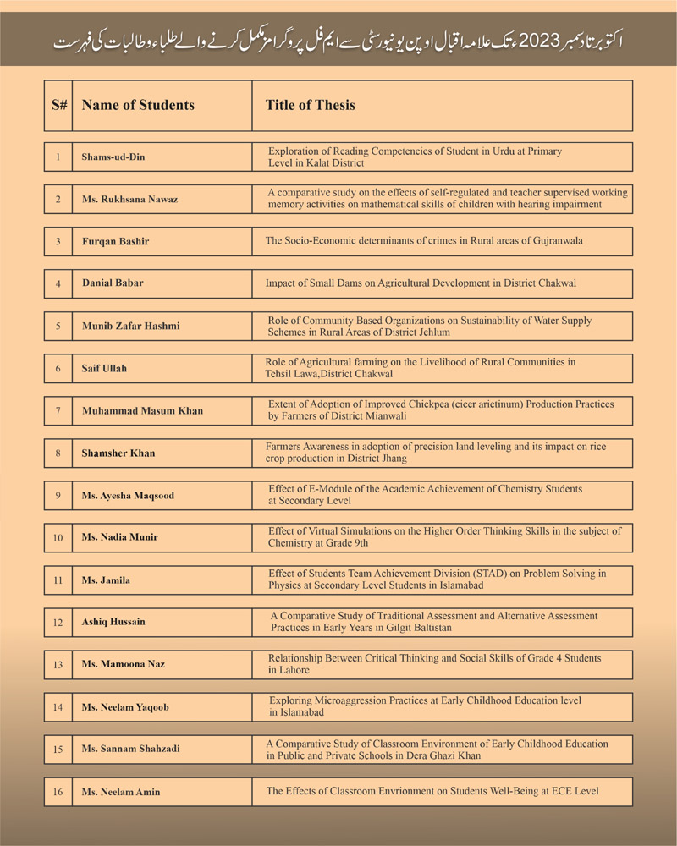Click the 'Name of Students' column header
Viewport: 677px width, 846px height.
tap(138, 106)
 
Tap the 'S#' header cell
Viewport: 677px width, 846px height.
tap(59, 106)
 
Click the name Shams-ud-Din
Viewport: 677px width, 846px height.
tap(111, 157)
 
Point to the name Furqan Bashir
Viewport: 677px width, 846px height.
tap(115, 242)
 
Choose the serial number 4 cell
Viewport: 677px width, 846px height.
tap(58, 283)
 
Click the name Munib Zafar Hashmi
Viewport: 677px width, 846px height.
tap(130, 326)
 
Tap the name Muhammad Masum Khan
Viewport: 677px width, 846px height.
tap(142, 410)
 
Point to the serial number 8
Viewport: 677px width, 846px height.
tap(58, 453)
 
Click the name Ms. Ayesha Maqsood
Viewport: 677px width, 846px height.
tap(128, 495)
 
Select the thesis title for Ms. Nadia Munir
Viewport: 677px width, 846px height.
tap(444, 537)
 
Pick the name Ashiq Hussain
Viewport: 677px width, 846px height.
tap(113, 622)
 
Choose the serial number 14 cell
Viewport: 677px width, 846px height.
tap(58, 706)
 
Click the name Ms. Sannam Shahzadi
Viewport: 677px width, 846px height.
tap(130, 749)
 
